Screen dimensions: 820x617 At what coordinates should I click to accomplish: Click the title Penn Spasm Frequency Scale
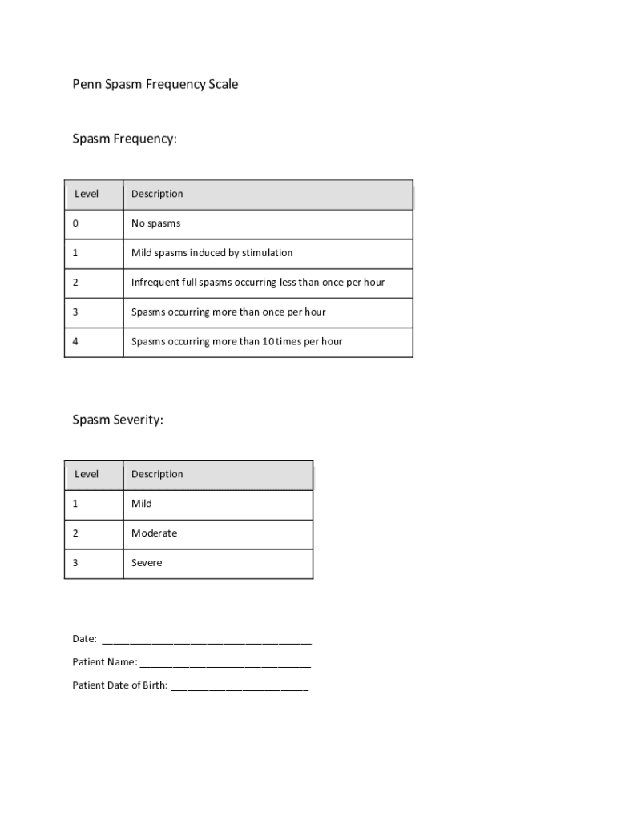click(155, 84)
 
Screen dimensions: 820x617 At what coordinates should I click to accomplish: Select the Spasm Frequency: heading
click(124, 139)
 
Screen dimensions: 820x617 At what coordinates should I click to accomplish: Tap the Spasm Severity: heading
click(118, 420)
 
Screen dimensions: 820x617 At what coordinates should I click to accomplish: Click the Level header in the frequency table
click(87, 194)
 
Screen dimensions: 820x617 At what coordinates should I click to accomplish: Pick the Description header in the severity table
click(157, 474)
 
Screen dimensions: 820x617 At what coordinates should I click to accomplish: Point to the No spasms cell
click(156, 223)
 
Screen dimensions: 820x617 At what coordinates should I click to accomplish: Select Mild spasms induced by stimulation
click(212, 253)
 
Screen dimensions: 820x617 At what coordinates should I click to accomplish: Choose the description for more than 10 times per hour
click(236, 341)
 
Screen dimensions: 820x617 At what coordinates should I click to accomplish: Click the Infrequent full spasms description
click(258, 283)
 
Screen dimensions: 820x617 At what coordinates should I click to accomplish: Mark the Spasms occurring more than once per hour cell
click(228, 312)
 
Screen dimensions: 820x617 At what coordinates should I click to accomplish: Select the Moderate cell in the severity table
click(154, 533)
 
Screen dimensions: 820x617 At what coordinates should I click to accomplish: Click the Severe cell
click(147, 563)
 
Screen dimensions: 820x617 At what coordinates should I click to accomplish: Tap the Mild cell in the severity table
click(142, 504)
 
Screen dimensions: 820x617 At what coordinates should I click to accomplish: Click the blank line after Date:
click(207, 640)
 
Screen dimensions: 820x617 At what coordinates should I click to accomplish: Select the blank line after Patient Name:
click(225, 663)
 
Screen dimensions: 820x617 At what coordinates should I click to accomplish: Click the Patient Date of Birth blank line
click(240, 686)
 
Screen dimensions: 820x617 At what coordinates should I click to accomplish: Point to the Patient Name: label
click(104, 662)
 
